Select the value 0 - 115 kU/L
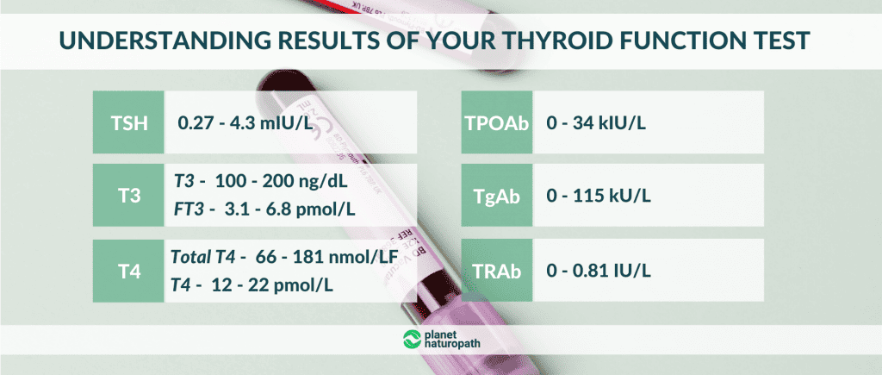[x=599, y=197]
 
